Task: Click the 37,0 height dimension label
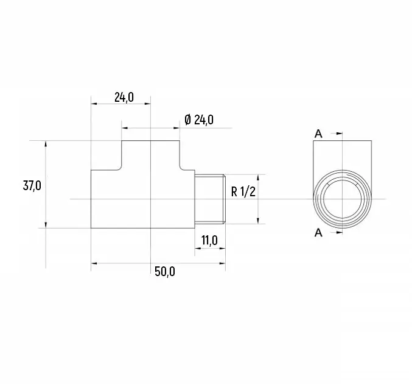[32, 186]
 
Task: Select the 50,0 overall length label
[165, 272]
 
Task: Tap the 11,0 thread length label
[209, 240]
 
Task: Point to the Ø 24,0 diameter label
[199, 120]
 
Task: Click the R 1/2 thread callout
[243, 191]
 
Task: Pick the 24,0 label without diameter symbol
[124, 98]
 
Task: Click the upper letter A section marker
[318, 133]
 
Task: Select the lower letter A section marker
[318, 233]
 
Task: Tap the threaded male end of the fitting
[210, 199]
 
